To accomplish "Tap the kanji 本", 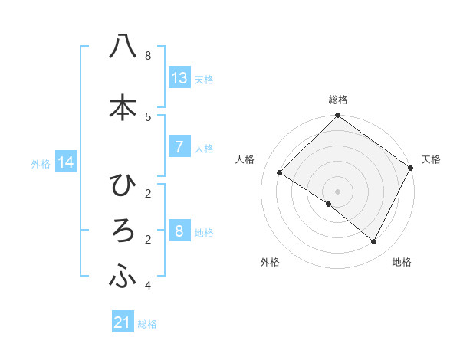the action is (123, 107).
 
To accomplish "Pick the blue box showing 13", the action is (179, 77).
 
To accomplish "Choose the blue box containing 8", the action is (179, 231).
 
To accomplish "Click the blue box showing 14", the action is (67, 162).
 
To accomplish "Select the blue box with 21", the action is (123, 322).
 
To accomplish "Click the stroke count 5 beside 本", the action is (147, 116).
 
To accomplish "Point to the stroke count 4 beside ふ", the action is (147, 286).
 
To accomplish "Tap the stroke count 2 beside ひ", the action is (147, 193).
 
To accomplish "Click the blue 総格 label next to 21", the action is (147, 324).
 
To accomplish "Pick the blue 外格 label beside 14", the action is (41, 163).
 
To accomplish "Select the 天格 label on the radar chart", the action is (431, 159).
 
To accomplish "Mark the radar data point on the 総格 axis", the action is (337, 116).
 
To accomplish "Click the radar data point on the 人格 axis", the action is (280, 173).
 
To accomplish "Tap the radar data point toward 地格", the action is (374, 242).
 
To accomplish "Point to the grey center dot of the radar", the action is (337, 191).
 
